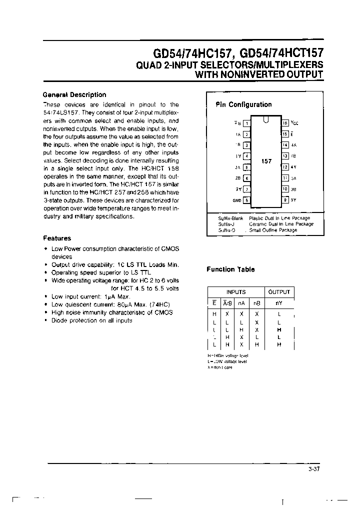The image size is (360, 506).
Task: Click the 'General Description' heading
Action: (x=74, y=94)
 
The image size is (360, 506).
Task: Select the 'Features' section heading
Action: (x=57, y=238)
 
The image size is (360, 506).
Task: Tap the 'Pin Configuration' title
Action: (x=243, y=104)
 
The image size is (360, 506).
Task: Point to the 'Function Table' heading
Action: (x=230, y=269)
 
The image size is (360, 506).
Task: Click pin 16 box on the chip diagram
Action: (x=285, y=122)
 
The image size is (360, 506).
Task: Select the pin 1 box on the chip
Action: (x=246, y=122)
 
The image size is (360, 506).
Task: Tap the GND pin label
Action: (x=236, y=200)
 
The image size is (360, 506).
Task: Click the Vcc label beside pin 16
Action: (x=294, y=122)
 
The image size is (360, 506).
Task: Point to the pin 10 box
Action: (x=285, y=189)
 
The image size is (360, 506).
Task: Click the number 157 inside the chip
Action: (x=266, y=161)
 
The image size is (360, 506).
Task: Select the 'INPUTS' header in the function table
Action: (x=236, y=292)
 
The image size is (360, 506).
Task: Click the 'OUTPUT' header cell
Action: (x=279, y=292)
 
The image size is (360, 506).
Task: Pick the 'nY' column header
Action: (x=279, y=302)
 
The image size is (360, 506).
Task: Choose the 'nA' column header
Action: (x=242, y=302)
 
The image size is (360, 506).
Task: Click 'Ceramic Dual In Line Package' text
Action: (x=281, y=224)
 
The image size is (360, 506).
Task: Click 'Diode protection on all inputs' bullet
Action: (x=91, y=320)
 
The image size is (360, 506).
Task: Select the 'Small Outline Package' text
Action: (x=273, y=230)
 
